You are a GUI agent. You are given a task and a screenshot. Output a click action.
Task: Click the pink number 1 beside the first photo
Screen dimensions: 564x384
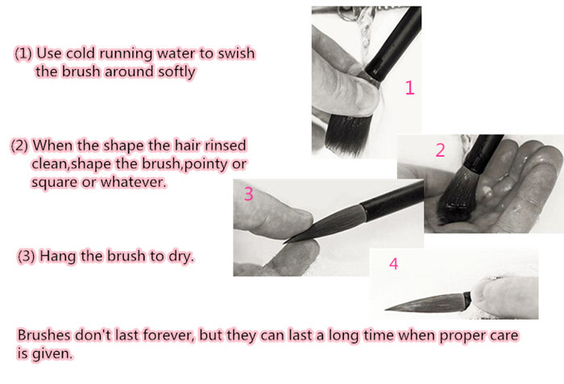click(409, 88)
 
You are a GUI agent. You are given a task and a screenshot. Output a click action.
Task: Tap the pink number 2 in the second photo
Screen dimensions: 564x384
click(440, 150)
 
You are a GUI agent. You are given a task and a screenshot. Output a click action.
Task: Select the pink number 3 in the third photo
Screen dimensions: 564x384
click(248, 194)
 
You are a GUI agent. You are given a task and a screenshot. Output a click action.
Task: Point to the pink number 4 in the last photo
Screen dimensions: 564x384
click(394, 263)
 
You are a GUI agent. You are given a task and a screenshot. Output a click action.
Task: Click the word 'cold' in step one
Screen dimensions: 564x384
click(81, 53)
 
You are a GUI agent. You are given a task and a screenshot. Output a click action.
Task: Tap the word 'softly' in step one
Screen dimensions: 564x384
click(176, 72)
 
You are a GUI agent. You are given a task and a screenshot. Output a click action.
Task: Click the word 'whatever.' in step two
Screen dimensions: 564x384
click(134, 182)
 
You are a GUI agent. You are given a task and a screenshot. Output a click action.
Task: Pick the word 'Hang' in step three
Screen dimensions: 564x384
click(57, 256)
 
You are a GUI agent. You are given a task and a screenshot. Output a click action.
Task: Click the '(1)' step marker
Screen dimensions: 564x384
click(23, 54)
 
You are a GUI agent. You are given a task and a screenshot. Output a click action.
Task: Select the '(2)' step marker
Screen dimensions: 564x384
click(19, 146)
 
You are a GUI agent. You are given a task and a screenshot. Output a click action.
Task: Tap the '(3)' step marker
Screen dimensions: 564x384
click(27, 256)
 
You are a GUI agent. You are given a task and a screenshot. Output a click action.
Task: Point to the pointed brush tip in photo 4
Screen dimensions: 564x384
click(386, 309)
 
